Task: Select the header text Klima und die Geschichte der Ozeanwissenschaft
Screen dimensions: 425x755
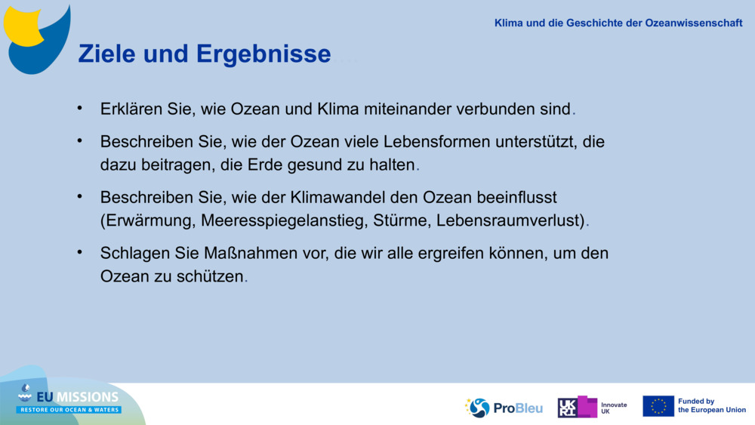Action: [618, 23]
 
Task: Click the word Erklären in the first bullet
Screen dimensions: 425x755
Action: [131, 109]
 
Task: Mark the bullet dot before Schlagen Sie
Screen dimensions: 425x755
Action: [79, 251]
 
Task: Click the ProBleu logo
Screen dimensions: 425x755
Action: [504, 408]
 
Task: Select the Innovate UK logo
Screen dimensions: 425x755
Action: [593, 407]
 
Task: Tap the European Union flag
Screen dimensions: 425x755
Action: [658, 406]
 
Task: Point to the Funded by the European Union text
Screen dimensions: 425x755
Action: [711, 406]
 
